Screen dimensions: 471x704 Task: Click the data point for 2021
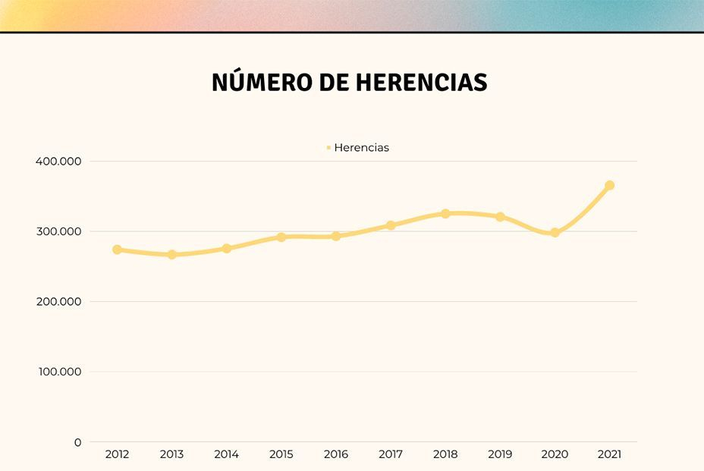click(x=609, y=186)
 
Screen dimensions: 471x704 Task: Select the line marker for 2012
click(x=117, y=250)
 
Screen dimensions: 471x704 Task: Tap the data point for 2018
click(x=445, y=214)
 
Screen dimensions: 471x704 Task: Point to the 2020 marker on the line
click(x=555, y=233)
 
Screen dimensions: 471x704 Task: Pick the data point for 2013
click(x=172, y=255)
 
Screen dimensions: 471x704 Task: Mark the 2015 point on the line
click(x=281, y=237)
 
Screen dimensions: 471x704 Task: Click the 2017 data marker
click(x=391, y=225)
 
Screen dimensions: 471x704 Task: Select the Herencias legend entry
click(x=358, y=148)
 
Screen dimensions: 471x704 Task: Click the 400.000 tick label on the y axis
click(x=58, y=162)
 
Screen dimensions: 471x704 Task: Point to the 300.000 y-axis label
click(x=58, y=231)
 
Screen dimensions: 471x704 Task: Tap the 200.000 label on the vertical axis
click(x=58, y=302)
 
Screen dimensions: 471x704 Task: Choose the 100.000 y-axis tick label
click(x=58, y=372)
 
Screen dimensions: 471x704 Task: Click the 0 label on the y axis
click(x=77, y=442)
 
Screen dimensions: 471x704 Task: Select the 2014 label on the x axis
click(x=227, y=455)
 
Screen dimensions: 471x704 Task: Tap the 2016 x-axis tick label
click(x=336, y=455)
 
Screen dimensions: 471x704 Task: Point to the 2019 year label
click(x=500, y=455)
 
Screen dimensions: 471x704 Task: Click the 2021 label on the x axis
click(x=609, y=455)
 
